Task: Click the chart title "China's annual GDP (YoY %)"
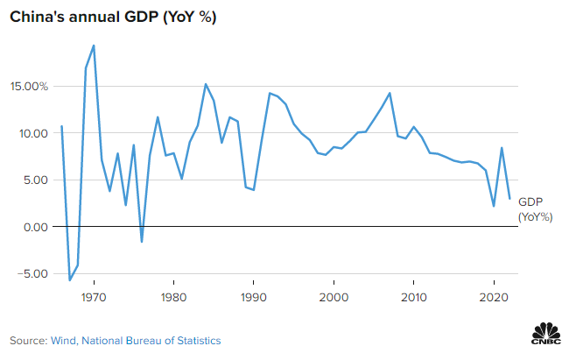coord(113,18)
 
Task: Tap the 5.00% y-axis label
coord(32,180)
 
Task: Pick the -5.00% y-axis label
coord(30,273)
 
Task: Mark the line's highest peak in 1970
coord(94,46)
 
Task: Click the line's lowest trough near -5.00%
coord(69,280)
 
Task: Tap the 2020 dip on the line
coord(494,206)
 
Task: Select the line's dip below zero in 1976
coord(142,242)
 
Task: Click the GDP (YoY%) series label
coord(535,208)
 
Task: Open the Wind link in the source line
coord(64,340)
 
